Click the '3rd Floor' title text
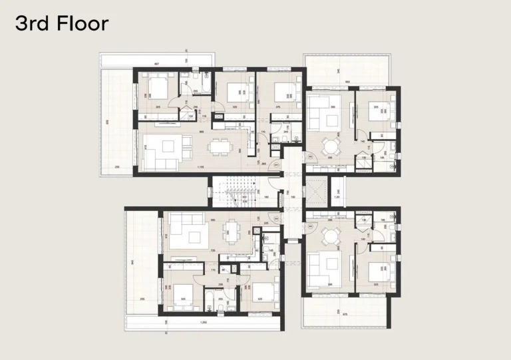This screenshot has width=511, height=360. pyautogui.click(x=61, y=24)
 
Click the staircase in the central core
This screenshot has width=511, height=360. pyautogui.click(x=234, y=192)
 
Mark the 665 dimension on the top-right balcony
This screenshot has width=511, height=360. pyautogui.click(x=347, y=82)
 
